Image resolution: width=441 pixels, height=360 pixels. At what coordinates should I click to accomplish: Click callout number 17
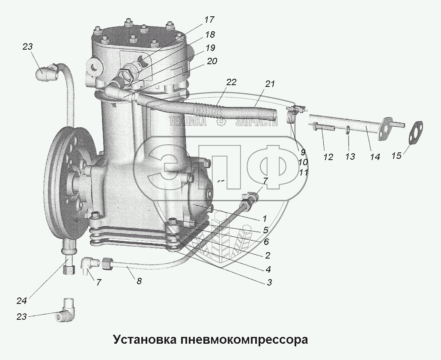[209, 20]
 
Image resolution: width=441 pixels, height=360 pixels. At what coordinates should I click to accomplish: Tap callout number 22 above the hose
[231, 82]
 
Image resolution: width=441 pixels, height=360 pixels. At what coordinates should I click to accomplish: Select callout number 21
[269, 84]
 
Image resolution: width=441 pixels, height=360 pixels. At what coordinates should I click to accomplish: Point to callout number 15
[396, 155]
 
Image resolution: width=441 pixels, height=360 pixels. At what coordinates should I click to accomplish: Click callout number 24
[21, 300]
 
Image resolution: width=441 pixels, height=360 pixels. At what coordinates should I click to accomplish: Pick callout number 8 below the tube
[139, 281]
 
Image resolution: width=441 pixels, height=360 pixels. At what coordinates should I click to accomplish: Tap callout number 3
[269, 282]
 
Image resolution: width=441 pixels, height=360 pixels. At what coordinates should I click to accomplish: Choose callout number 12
[328, 157]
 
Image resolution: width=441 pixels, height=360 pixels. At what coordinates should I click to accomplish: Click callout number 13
[350, 156]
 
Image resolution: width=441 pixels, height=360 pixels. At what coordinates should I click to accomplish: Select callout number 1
[264, 218]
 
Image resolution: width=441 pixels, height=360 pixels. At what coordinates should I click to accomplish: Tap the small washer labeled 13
[348, 130]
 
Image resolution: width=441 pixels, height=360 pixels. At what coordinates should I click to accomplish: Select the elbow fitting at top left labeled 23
[46, 73]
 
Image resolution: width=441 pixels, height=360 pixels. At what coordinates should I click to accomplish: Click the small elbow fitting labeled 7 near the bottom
[90, 265]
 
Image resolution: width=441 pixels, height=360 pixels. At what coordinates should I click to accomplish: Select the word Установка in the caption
[145, 339]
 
